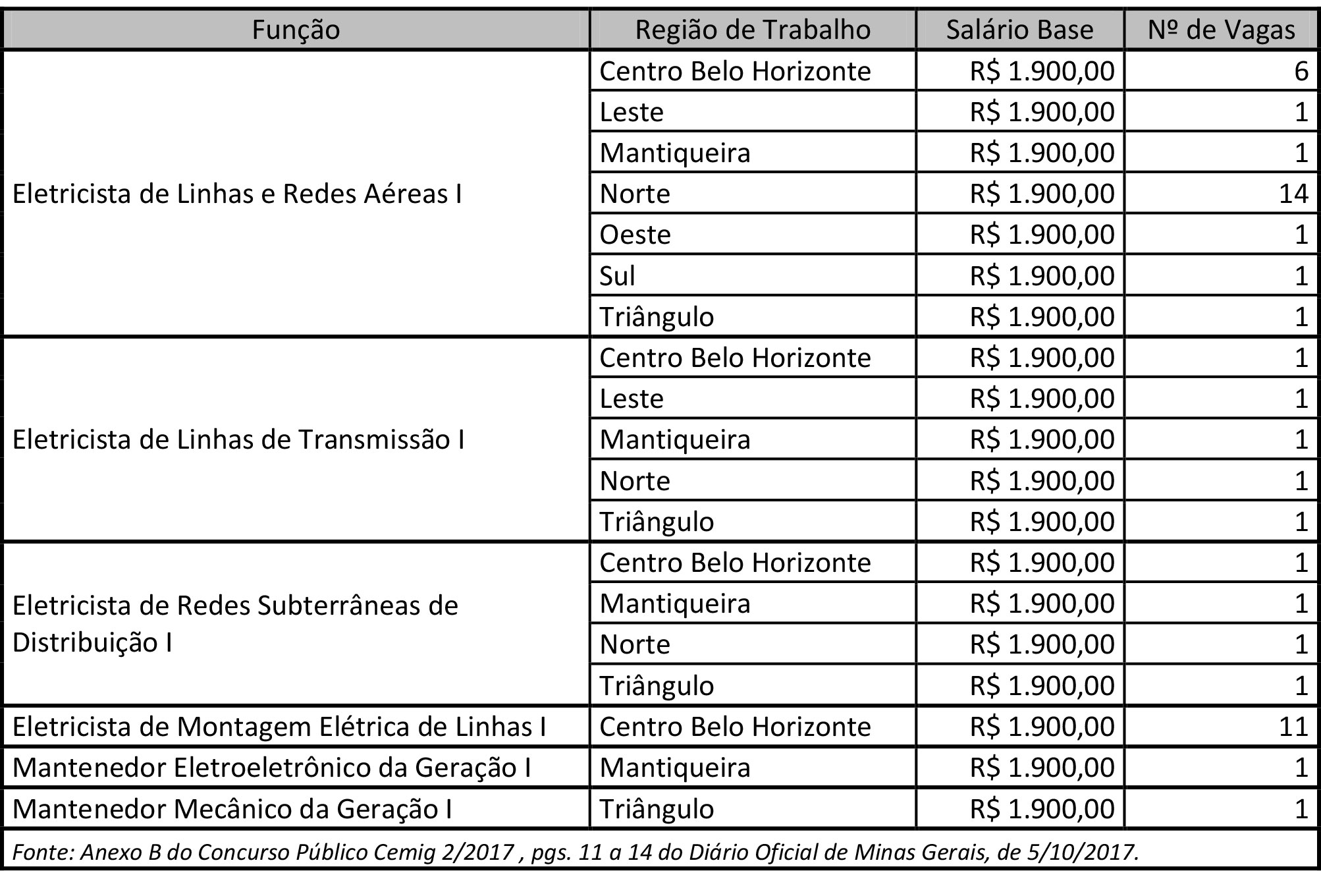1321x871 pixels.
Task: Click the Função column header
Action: tap(296, 30)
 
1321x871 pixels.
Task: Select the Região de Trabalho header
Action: tap(753, 30)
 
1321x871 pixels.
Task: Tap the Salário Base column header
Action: tap(1019, 30)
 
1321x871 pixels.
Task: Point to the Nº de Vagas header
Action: tap(1222, 30)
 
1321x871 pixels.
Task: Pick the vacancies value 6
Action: tap(1301, 71)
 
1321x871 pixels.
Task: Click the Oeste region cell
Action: tap(635, 235)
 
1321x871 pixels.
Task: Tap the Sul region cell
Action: tap(617, 275)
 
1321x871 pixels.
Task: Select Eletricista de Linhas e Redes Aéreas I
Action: tap(237, 194)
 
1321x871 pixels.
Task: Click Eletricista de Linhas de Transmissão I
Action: tap(238, 439)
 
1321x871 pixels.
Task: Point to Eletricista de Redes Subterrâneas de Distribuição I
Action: tap(235, 623)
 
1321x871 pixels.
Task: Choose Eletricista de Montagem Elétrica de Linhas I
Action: tap(279, 727)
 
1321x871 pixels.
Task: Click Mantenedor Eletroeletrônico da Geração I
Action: tap(271, 768)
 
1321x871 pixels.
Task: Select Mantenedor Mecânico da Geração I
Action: tap(232, 809)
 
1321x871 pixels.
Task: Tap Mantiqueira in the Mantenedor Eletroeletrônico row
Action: tap(675, 768)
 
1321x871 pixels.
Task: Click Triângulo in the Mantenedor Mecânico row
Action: tap(657, 809)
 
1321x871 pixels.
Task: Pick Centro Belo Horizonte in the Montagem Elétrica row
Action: tap(735, 727)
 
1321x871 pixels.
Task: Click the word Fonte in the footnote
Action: tap(43, 853)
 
